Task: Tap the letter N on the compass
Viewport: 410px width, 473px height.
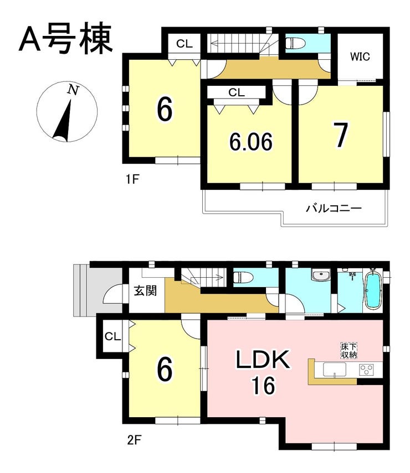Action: pyautogui.click(x=73, y=90)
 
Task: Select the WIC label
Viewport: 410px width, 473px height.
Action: pyautogui.click(x=360, y=56)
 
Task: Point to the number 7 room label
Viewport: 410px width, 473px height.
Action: pyautogui.click(x=341, y=135)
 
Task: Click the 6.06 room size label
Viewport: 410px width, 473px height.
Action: pyautogui.click(x=251, y=142)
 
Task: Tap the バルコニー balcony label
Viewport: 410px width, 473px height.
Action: pyautogui.click(x=334, y=209)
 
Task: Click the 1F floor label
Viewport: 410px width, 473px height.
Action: pyautogui.click(x=132, y=180)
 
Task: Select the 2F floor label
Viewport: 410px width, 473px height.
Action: pyautogui.click(x=134, y=441)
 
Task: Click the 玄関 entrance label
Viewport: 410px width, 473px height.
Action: pyautogui.click(x=145, y=291)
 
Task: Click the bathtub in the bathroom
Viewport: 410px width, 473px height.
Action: pyautogui.click(x=373, y=290)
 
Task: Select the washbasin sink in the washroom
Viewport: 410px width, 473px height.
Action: pyautogui.click(x=320, y=275)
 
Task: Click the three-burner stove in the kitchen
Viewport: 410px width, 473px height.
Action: pyautogui.click(x=366, y=369)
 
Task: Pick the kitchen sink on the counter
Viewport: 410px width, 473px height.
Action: pyautogui.click(x=335, y=370)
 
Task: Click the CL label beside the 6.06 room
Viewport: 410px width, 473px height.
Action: pyautogui.click(x=236, y=92)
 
